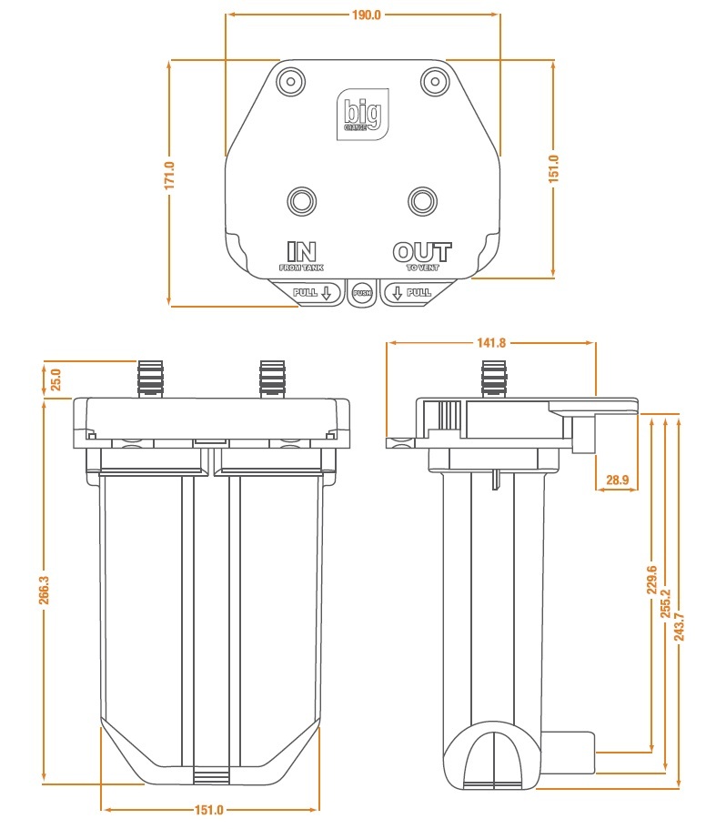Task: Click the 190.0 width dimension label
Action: point(364,15)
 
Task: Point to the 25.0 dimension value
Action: point(55,379)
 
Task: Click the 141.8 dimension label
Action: point(490,343)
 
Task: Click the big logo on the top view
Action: point(363,114)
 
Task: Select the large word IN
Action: point(301,251)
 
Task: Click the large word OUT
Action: point(421,251)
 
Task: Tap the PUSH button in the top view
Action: point(362,292)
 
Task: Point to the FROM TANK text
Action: point(301,268)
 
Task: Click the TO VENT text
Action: point(422,268)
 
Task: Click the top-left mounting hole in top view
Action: point(291,80)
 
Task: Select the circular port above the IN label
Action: point(301,200)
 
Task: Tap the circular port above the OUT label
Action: point(421,200)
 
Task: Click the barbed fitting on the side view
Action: point(494,379)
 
